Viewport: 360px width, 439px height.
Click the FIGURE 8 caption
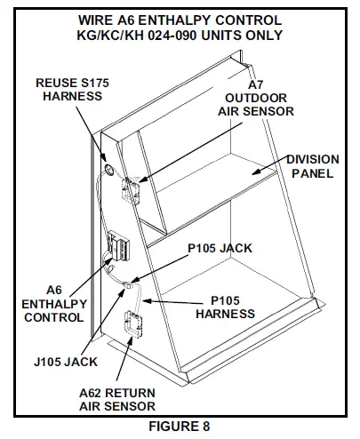tap(180, 427)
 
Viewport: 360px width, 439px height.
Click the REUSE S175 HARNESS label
tap(72, 90)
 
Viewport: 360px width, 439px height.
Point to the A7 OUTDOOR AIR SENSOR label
tap(256, 98)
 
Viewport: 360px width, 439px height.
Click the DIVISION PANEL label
tap(313, 166)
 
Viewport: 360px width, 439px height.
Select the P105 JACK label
tap(220, 248)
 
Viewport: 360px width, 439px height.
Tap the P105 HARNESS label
tap(225, 307)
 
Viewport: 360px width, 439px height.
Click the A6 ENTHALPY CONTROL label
tap(54, 304)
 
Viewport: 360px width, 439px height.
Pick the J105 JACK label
tap(66, 362)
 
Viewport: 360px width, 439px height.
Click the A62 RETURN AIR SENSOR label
tap(117, 399)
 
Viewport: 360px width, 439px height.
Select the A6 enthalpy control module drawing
tap(118, 245)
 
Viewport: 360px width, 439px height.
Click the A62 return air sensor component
tap(133, 323)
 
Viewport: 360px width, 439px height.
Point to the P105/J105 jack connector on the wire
tap(129, 285)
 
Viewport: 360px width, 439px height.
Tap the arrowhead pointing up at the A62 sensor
tap(130, 341)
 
